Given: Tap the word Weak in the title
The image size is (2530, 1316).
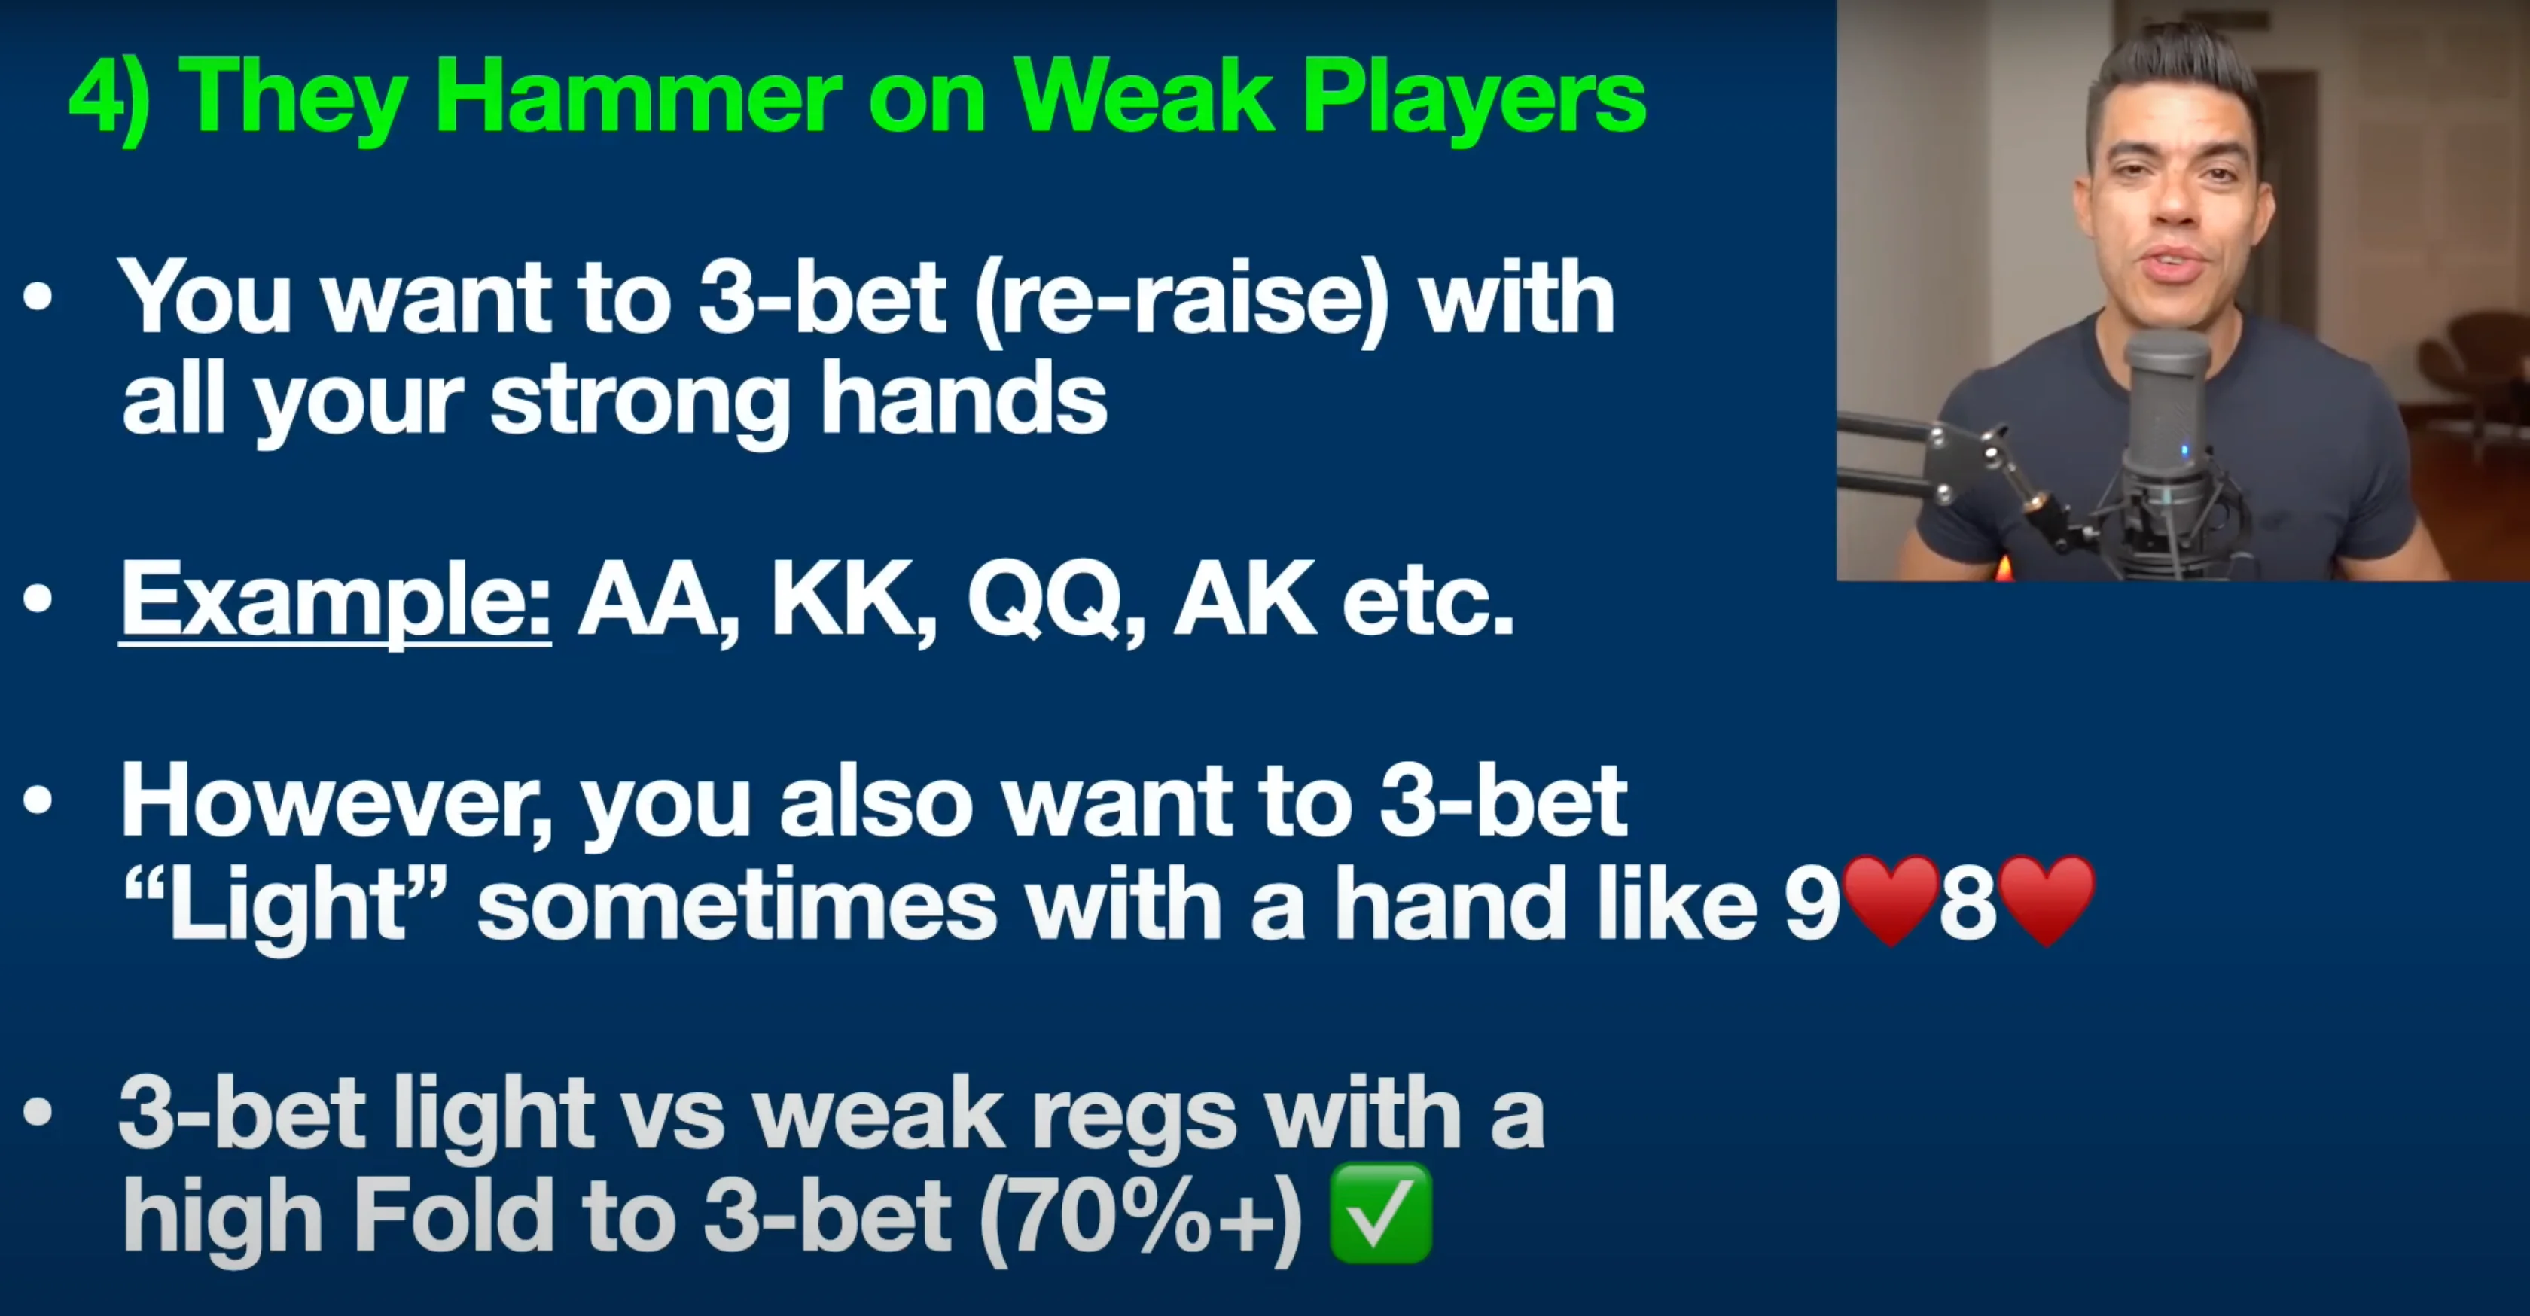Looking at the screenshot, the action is [x=1145, y=96].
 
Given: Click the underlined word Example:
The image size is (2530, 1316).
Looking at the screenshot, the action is [x=335, y=600].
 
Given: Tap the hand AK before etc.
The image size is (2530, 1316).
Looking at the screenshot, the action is [x=1245, y=599].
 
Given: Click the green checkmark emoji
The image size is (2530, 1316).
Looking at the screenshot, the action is [x=1380, y=1212].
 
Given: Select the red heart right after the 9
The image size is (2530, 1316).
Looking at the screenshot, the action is [x=1890, y=900].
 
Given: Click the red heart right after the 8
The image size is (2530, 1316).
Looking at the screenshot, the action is [x=2047, y=900].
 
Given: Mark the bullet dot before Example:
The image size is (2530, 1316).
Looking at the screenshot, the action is [x=38, y=599].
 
